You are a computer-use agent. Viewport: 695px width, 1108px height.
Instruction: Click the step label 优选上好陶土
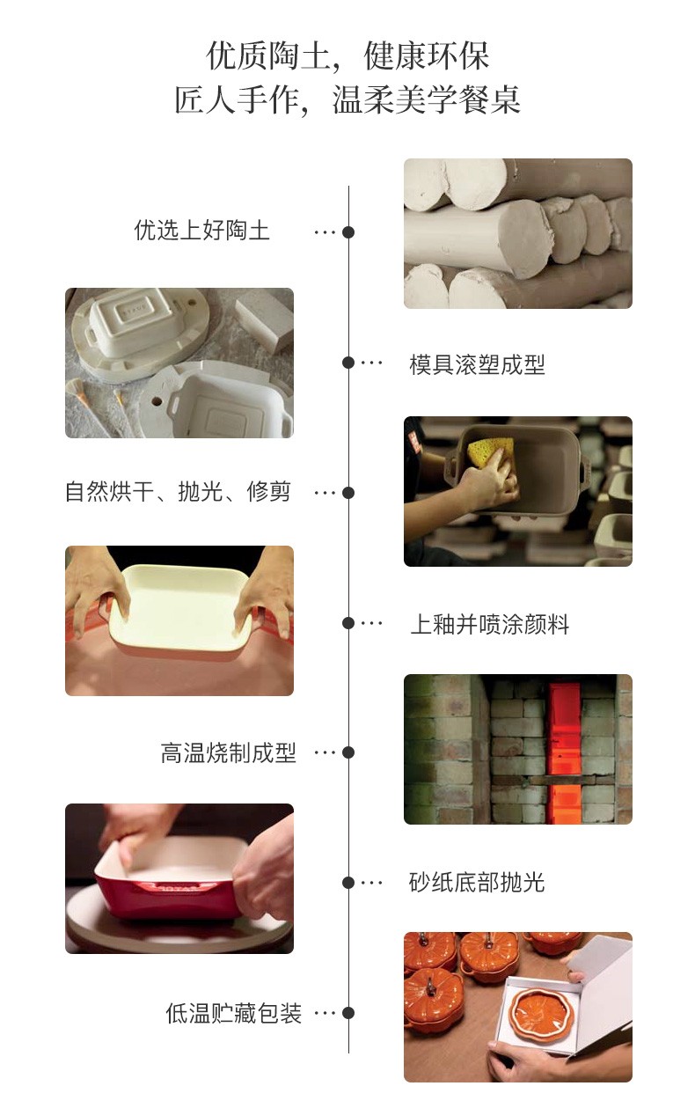(x=201, y=231)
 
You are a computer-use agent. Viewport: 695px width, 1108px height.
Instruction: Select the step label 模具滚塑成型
(x=477, y=365)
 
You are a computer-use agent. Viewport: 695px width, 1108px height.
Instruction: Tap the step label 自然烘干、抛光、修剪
(x=178, y=492)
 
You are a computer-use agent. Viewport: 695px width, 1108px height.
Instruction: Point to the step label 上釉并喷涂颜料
(x=489, y=624)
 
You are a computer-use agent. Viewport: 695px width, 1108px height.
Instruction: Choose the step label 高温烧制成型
(x=229, y=752)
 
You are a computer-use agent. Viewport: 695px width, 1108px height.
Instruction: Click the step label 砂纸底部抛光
(x=477, y=883)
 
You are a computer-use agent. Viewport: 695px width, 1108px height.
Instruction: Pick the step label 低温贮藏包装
(x=233, y=1013)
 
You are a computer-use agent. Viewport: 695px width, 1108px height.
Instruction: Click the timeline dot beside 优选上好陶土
(x=348, y=232)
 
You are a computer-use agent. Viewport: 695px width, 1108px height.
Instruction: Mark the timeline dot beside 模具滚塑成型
(x=348, y=363)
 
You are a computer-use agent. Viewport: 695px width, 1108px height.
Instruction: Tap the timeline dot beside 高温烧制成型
(x=348, y=752)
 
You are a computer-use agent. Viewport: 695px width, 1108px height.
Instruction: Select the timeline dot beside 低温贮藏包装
(x=348, y=1013)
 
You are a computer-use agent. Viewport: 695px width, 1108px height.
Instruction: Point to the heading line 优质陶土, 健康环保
(x=347, y=56)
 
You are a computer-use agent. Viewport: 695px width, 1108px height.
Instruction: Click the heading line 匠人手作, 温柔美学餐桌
(x=347, y=99)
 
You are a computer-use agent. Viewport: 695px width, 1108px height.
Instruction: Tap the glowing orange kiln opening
(x=564, y=751)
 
